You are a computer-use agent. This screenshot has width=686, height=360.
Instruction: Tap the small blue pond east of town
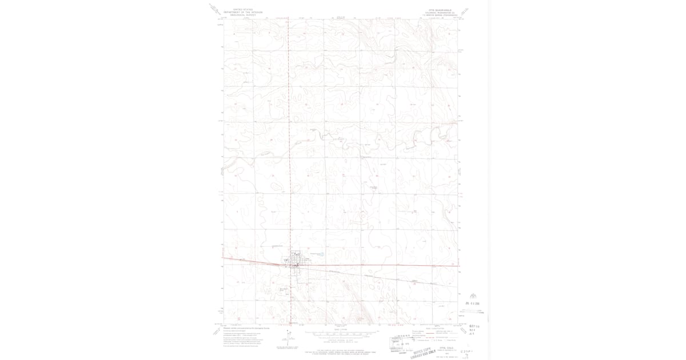[x=322, y=254]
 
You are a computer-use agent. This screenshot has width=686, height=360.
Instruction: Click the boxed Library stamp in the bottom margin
[x=400, y=342]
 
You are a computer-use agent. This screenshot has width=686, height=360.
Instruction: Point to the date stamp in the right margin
[x=473, y=303]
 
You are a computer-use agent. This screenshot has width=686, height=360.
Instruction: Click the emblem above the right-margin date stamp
[x=473, y=296]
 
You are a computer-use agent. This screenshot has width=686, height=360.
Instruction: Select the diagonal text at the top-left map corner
[x=215, y=9]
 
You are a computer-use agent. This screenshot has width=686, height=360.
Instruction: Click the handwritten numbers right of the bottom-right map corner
[x=472, y=329]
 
